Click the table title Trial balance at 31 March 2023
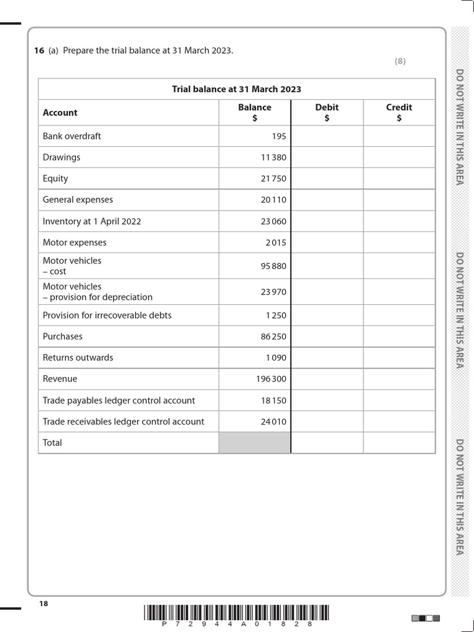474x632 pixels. point(236,89)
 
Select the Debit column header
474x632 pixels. point(326,112)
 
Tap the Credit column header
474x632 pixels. point(399,112)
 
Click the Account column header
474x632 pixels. point(60,112)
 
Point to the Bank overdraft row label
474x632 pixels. point(72,136)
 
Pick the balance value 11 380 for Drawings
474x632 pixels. point(273,157)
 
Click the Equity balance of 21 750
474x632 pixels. point(273,179)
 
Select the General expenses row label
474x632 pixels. point(78,200)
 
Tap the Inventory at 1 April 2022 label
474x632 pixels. point(91,221)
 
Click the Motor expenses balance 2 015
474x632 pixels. point(276,243)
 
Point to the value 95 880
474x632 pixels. point(273,267)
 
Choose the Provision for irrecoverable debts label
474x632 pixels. point(107,315)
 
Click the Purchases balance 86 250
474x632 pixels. point(273,337)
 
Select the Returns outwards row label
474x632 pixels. point(78,358)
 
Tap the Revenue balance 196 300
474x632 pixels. point(271,379)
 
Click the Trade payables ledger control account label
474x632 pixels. point(118,401)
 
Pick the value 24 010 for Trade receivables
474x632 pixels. point(273,422)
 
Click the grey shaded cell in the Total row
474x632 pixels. point(254,443)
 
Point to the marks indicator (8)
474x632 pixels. point(400,61)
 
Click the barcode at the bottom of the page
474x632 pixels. point(237,612)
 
